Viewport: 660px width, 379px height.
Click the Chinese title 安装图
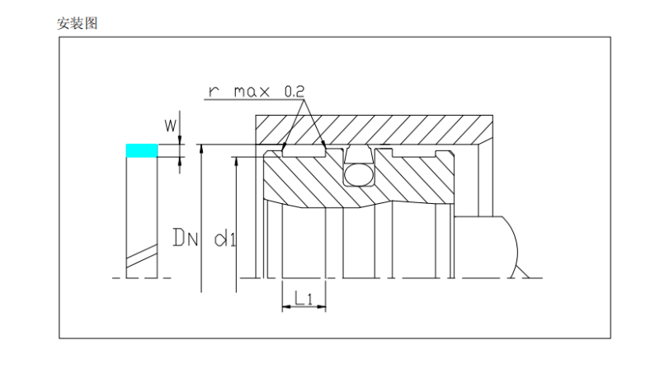coord(77,24)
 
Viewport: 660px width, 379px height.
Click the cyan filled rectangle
coord(141,150)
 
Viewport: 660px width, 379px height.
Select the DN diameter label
coord(186,239)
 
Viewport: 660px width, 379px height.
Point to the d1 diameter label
coord(224,239)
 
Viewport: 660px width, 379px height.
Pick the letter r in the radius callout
coord(213,91)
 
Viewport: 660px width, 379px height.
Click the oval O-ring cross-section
coord(358,174)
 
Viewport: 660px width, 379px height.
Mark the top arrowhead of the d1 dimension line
coord(237,159)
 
